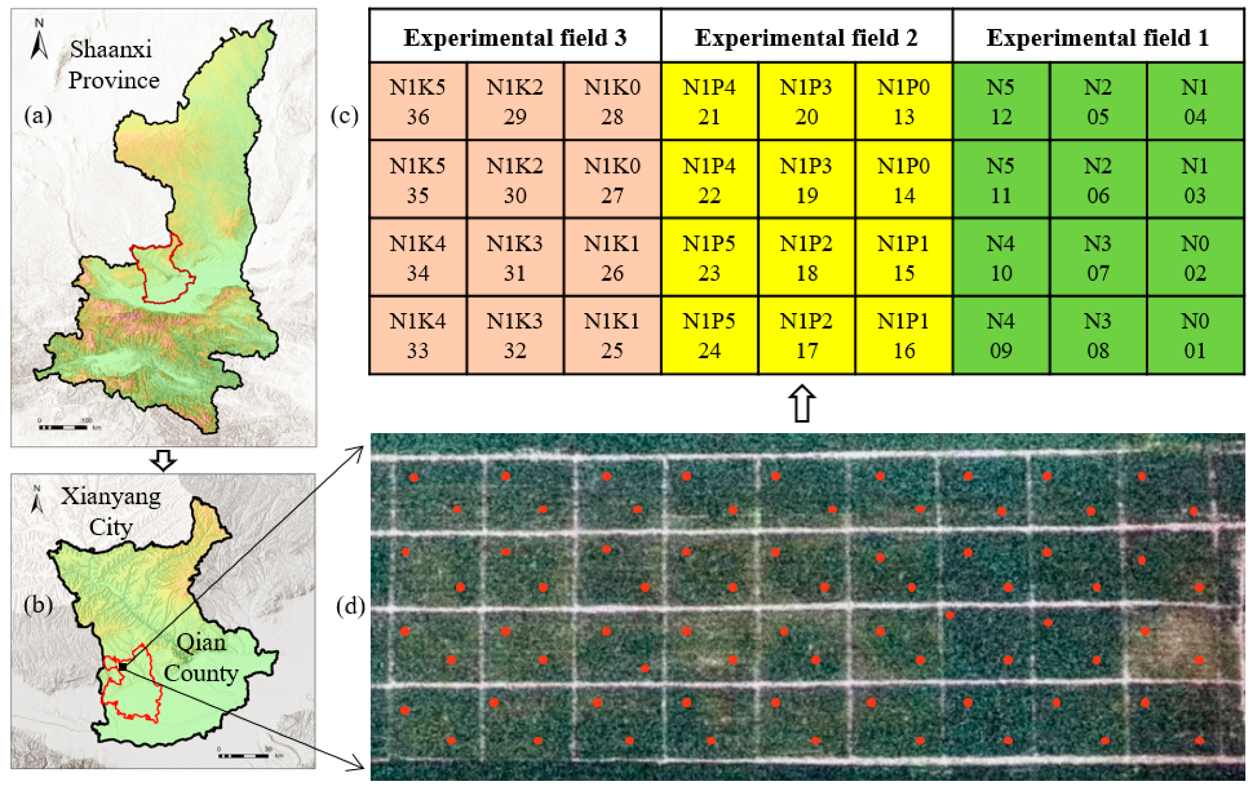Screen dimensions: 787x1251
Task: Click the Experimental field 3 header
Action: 515,37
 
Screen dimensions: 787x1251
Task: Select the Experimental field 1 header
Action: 1098,37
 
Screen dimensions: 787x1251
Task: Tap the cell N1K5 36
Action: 418,101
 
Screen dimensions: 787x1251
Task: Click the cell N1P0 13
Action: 903,101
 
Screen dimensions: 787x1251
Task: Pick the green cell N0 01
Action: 1195,335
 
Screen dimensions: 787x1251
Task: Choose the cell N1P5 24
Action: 709,335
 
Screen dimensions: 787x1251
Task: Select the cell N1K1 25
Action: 612,335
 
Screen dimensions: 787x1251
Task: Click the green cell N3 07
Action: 1098,257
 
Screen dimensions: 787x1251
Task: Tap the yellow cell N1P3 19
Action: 806,179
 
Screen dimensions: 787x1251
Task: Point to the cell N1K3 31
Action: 515,257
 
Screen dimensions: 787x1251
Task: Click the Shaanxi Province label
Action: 112,64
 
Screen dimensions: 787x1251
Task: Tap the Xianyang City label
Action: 111,511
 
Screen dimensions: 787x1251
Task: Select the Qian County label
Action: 201,658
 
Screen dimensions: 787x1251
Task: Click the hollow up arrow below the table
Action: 802,404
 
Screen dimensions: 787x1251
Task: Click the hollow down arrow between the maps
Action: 164,460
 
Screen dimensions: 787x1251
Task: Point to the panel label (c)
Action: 344,115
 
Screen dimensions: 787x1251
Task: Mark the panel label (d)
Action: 350,606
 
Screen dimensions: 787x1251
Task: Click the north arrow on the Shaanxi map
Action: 39,40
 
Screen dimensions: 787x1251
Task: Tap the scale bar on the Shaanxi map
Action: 65,427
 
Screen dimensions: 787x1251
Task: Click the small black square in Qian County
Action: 123,666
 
